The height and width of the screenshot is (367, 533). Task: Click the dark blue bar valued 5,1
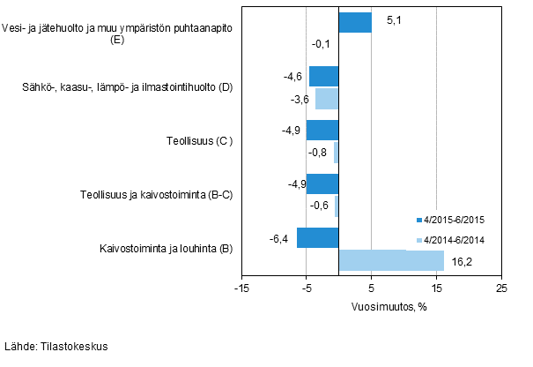pos(355,22)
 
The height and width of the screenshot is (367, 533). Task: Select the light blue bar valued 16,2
pos(391,260)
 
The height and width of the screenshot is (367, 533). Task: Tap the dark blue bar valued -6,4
pos(317,238)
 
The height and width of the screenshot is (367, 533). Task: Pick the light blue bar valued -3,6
pos(327,98)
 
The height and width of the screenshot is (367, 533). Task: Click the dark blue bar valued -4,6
pos(323,77)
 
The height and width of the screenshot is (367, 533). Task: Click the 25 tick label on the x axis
pos(500,288)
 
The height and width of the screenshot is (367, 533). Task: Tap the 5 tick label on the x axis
pos(371,288)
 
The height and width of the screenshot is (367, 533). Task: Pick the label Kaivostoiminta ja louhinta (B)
pos(167,249)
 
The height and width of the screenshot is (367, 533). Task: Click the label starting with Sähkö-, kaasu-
pos(126,86)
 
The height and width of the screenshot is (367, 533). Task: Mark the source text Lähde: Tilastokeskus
pos(56,347)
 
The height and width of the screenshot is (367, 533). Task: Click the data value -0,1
pos(321,44)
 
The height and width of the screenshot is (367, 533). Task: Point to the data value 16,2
pos(463,261)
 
